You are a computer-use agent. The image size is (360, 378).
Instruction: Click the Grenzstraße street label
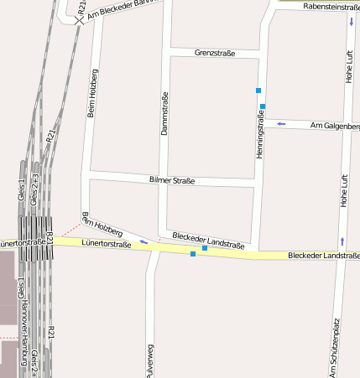(214, 53)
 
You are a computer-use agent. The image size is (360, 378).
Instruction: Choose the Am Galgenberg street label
(335, 126)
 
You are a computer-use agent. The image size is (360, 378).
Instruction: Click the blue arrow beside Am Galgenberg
(281, 124)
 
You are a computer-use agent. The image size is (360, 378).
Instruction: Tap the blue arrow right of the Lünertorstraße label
(143, 242)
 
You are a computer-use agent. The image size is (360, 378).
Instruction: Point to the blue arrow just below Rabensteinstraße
(350, 19)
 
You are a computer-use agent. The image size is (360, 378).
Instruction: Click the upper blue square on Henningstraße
(258, 90)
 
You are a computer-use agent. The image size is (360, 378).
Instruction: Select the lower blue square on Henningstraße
(263, 106)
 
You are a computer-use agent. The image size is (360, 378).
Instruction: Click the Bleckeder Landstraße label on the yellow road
(323, 255)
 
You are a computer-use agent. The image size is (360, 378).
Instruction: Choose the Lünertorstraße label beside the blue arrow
(106, 244)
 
